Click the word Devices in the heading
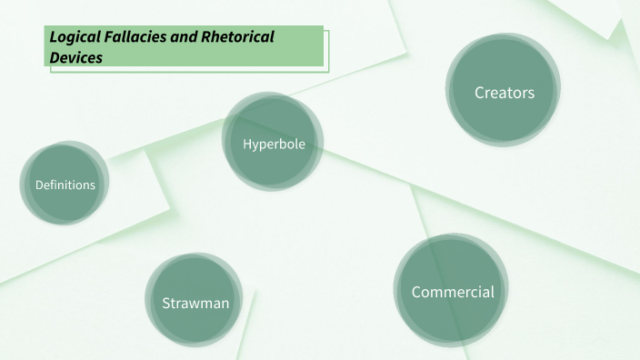76,56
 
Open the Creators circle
504,92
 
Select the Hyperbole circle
274,143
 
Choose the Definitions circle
65,185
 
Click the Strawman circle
195,302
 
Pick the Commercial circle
452,292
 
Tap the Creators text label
504,92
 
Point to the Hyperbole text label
274,144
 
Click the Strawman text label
195,303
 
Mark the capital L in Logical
53,37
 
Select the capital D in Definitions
38,185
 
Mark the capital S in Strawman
166,303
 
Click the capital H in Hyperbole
247,144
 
